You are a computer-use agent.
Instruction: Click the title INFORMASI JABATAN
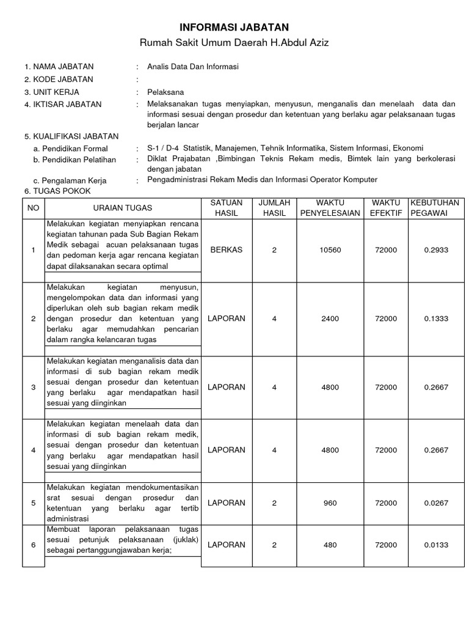[234, 28]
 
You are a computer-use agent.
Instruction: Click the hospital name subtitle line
[234, 43]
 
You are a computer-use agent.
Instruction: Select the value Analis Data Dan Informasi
[192, 67]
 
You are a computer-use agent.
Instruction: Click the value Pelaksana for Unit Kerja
[165, 92]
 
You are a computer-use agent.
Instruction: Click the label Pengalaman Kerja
[70, 180]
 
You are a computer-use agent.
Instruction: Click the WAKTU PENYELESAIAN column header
[330, 208]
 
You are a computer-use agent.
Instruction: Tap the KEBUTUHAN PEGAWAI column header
[435, 208]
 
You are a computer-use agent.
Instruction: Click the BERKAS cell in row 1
[226, 250]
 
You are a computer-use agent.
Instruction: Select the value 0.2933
[435, 250]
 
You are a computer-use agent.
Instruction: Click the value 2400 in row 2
[330, 319]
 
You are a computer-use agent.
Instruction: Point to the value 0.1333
[435, 319]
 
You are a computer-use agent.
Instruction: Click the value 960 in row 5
[330, 503]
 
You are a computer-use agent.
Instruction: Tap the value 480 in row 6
[330, 545]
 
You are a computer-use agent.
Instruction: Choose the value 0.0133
[435, 545]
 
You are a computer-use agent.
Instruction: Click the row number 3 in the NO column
[34, 387]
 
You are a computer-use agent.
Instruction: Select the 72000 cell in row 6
[386, 545]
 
